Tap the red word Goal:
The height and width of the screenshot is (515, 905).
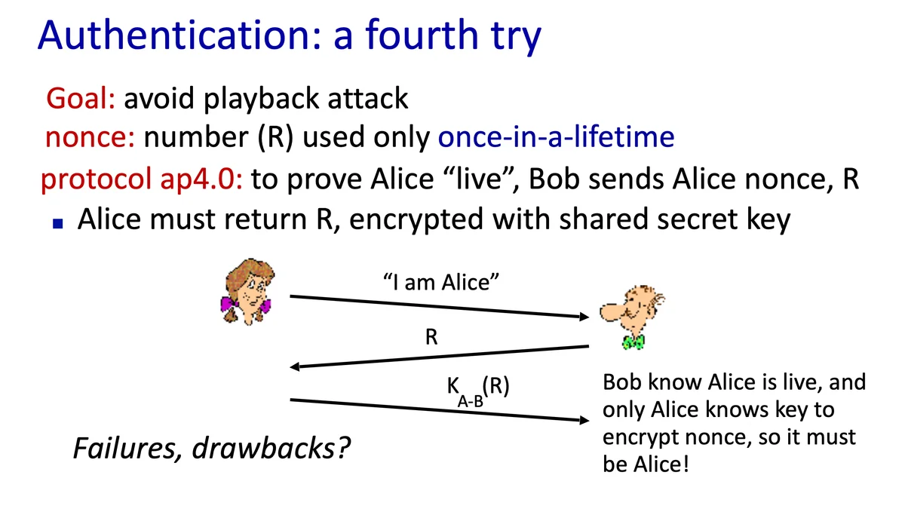coord(81,98)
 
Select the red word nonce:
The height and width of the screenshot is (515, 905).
coord(90,137)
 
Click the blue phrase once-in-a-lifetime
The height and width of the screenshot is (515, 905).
coord(556,136)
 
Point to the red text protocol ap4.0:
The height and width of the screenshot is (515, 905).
coord(142,179)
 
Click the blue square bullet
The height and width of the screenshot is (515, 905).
coord(58,223)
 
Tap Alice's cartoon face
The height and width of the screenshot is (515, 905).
coord(247,292)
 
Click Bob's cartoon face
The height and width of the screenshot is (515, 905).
coord(632,309)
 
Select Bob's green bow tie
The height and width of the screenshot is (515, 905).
coord(633,342)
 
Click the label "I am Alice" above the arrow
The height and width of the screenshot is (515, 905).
coord(440,282)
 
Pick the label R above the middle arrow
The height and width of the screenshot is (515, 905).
coord(431,337)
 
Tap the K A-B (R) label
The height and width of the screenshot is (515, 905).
coord(478,390)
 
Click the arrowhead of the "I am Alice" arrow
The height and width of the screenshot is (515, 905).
coord(584,316)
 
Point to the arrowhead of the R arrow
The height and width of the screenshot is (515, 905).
coord(295,366)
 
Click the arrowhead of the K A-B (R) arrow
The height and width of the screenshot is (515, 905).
coord(584,420)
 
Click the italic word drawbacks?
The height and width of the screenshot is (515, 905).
coord(271,448)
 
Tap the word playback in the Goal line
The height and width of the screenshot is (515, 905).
coord(262,99)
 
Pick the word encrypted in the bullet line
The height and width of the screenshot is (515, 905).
coord(416,219)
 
